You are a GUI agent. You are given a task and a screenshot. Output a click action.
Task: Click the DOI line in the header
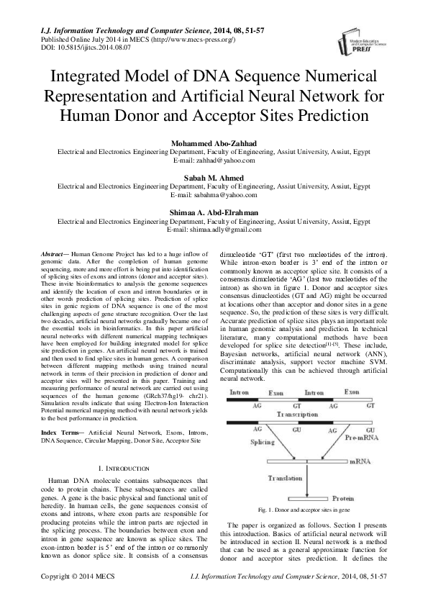point(73,47)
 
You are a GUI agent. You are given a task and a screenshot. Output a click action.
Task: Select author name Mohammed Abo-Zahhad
point(214,145)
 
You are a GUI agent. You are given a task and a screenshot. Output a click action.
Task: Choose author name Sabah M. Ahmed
point(214,178)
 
